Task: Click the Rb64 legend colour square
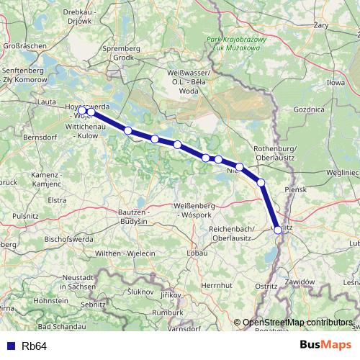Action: pos(11,346)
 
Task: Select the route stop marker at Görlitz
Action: pos(278,230)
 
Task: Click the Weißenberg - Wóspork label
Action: pos(199,210)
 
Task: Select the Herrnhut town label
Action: pos(216,286)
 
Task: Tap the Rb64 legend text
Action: pos(34,346)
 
